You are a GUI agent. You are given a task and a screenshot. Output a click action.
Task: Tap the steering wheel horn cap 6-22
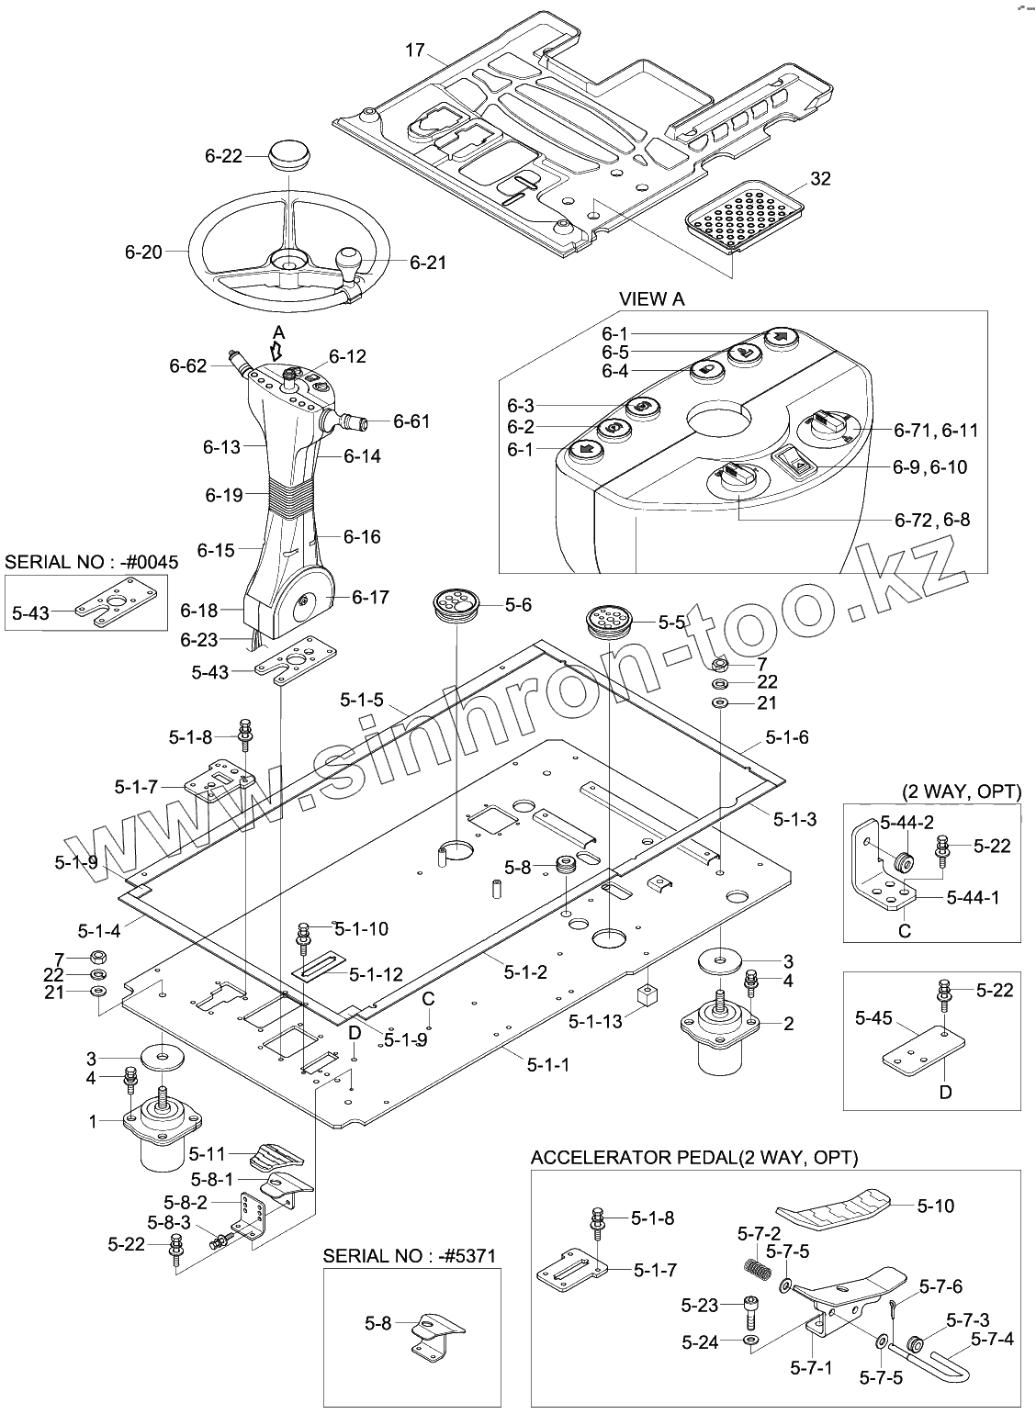(289, 155)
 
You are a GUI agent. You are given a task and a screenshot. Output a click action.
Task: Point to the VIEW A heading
(651, 299)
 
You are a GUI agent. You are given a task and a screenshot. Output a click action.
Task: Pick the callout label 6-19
(224, 495)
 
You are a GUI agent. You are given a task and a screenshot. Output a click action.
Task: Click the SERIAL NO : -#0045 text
(92, 562)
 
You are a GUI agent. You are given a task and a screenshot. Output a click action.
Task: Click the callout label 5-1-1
(548, 1064)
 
